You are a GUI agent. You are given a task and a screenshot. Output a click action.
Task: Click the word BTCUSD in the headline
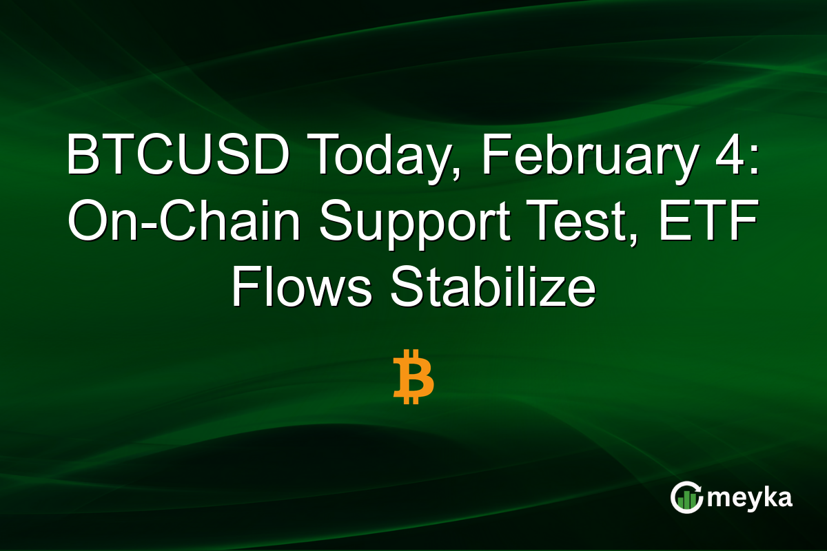(178, 158)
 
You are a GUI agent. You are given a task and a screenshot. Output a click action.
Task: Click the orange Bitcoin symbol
(413, 376)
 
